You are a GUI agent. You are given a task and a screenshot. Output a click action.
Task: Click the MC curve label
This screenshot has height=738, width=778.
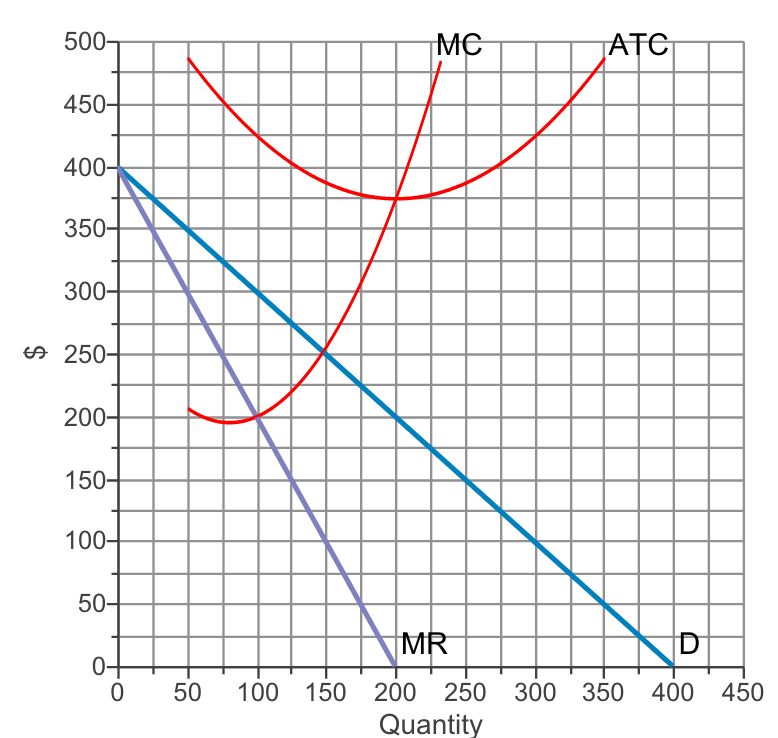click(x=459, y=45)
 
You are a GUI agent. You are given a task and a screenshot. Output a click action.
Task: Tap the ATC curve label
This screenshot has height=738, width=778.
click(x=638, y=45)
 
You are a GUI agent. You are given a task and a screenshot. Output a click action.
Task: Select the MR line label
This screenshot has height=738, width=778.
click(x=423, y=644)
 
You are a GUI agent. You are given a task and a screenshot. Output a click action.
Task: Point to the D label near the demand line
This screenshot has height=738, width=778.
click(x=688, y=644)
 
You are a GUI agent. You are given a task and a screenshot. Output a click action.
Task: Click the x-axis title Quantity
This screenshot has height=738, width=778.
click(x=431, y=724)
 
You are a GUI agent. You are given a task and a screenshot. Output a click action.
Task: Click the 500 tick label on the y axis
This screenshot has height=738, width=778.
click(x=84, y=43)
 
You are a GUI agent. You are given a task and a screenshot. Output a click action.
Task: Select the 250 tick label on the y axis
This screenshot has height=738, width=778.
click(x=84, y=355)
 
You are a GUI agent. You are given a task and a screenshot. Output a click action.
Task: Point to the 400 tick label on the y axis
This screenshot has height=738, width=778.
click(x=84, y=168)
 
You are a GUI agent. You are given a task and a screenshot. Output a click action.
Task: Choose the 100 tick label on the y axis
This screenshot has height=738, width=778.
click(x=84, y=542)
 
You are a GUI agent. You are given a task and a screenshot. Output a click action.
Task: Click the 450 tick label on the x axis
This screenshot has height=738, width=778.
click(x=742, y=691)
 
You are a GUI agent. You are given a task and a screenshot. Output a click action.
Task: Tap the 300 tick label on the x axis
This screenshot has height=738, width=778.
click(x=534, y=691)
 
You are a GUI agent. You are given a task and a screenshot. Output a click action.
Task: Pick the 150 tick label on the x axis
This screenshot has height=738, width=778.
click(x=326, y=691)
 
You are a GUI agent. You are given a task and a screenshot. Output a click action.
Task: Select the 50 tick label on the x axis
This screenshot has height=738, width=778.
click(x=188, y=691)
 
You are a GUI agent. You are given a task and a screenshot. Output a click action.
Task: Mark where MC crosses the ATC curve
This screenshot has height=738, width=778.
click(x=396, y=199)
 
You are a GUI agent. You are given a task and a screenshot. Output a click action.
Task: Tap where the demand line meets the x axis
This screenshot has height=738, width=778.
click(x=673, y=666)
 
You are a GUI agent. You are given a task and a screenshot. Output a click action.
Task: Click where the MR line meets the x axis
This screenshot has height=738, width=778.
click(x=396, y=666)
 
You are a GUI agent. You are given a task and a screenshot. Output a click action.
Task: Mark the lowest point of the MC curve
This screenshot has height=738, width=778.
click(x=230, y=422)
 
